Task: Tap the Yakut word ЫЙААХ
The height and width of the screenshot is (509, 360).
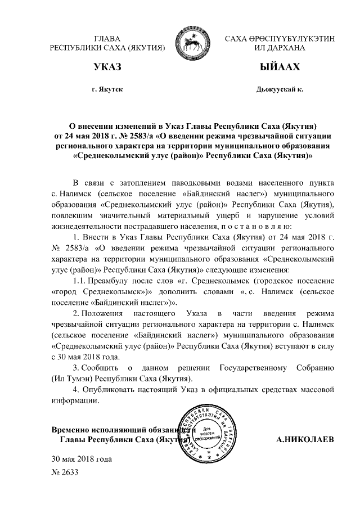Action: pos(278,68)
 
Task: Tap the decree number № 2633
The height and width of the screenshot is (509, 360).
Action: pos(64,473)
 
